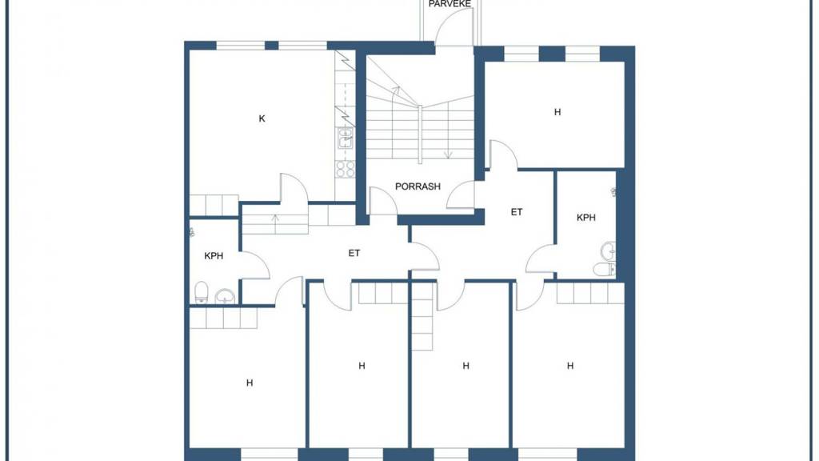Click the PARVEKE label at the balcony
[449, 4]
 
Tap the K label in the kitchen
[262, 118]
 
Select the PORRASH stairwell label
[417, 186]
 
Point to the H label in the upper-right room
[557, 112]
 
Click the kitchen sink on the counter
[346, 138]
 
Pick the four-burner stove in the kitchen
[346, 169]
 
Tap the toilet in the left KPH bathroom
[201, 293]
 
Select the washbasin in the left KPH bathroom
[225, 296]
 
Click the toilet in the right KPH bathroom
[605, 269]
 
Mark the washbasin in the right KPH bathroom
[608, 251]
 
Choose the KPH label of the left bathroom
[214, 256]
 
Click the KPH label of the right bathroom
[586, 218]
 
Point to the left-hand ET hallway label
[354, 253]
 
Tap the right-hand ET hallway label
[517, 212]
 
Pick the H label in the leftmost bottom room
[250, 383]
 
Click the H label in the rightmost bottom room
[570, 366]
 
